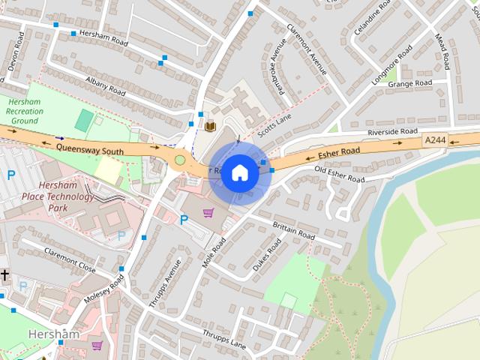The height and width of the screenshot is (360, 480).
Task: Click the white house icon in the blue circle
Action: (240, 173)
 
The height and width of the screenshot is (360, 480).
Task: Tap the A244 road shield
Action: (434, 140)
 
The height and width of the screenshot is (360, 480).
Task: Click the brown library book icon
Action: (210, 125)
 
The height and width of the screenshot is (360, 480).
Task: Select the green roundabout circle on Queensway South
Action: (179, 159)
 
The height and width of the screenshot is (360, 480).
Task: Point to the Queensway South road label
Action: (90, 148)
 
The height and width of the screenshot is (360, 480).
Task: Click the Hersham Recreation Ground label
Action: (25, 111)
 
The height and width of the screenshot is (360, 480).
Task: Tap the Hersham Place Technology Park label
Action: (67, 196)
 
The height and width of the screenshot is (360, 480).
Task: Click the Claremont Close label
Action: (70, 259)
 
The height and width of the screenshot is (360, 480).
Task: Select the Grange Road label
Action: (409, 83)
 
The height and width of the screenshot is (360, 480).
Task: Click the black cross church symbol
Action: (4, 275)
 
